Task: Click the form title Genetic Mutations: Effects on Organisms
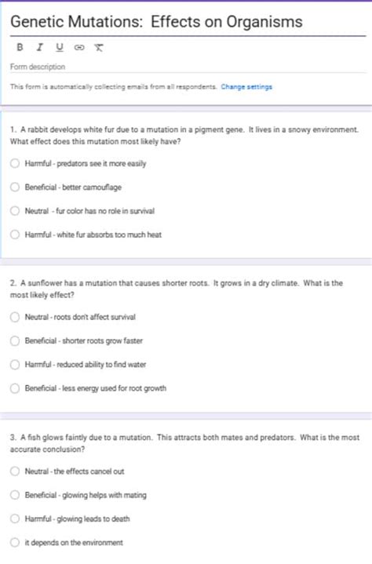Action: click(x=156, y=23)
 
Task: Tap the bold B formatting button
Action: click(x=20, y=47)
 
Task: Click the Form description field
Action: click(x=38, y=67)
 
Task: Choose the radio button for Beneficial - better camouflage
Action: click(x=14, y=187)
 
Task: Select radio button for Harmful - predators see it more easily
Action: click(x=14, y=164)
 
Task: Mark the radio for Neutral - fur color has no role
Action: click(x=14, y=211)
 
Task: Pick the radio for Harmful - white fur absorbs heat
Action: click(x=14, y=235)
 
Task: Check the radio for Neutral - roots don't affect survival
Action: click(x=14, y=317)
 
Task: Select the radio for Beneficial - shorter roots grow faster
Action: click(x=14, y=340)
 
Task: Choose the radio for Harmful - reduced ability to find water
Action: click(x=14, y=364)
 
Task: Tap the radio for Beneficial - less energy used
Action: click(x=14, y=388)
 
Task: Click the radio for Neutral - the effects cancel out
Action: click(x=14, y=471)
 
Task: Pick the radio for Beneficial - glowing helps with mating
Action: click(x=14, y=495)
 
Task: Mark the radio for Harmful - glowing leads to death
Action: click(x=14, y=519)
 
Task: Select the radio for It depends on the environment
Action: click(x=14, y=542)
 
